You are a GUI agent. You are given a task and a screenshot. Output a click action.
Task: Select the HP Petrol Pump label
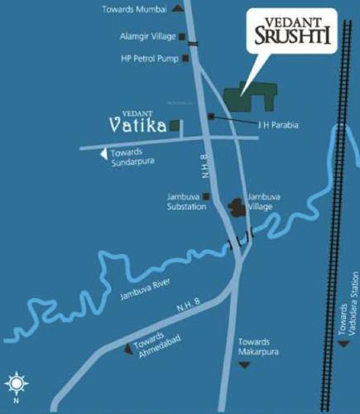coord(150,58)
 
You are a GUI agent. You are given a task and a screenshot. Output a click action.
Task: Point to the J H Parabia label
coord(278,125)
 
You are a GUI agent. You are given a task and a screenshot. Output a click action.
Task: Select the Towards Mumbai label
coord(133,9)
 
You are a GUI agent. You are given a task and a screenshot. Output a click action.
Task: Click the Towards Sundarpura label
coord(133,158)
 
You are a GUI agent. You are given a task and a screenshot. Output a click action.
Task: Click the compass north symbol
coord(16,383)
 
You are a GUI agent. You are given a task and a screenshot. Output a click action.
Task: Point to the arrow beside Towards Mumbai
coord(176,9)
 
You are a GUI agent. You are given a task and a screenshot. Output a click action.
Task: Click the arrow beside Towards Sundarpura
coord(103,154)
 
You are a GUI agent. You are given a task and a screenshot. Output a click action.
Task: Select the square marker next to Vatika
coord(175,125)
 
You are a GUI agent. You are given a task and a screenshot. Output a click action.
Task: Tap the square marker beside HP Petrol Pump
coord(186,58)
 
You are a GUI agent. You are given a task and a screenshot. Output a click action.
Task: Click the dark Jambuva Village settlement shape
coord(235,207)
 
